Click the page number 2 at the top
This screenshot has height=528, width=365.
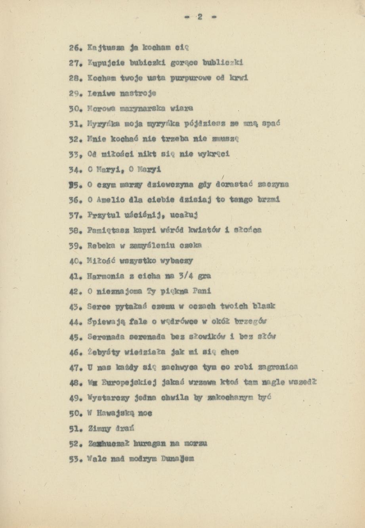pos(200,17)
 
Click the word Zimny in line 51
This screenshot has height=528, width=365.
pos(97,428)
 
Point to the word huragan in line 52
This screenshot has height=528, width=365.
pos(150,444)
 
